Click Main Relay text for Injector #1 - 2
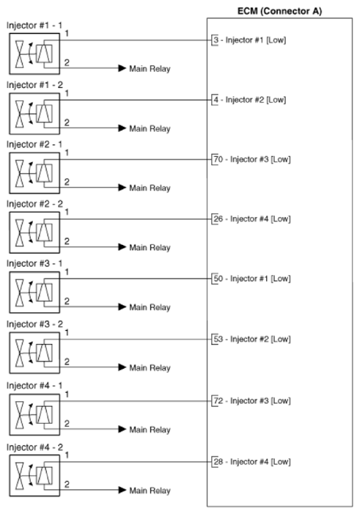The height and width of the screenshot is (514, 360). (150, 128)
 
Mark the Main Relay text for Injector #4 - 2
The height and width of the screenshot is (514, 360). (150, 490)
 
